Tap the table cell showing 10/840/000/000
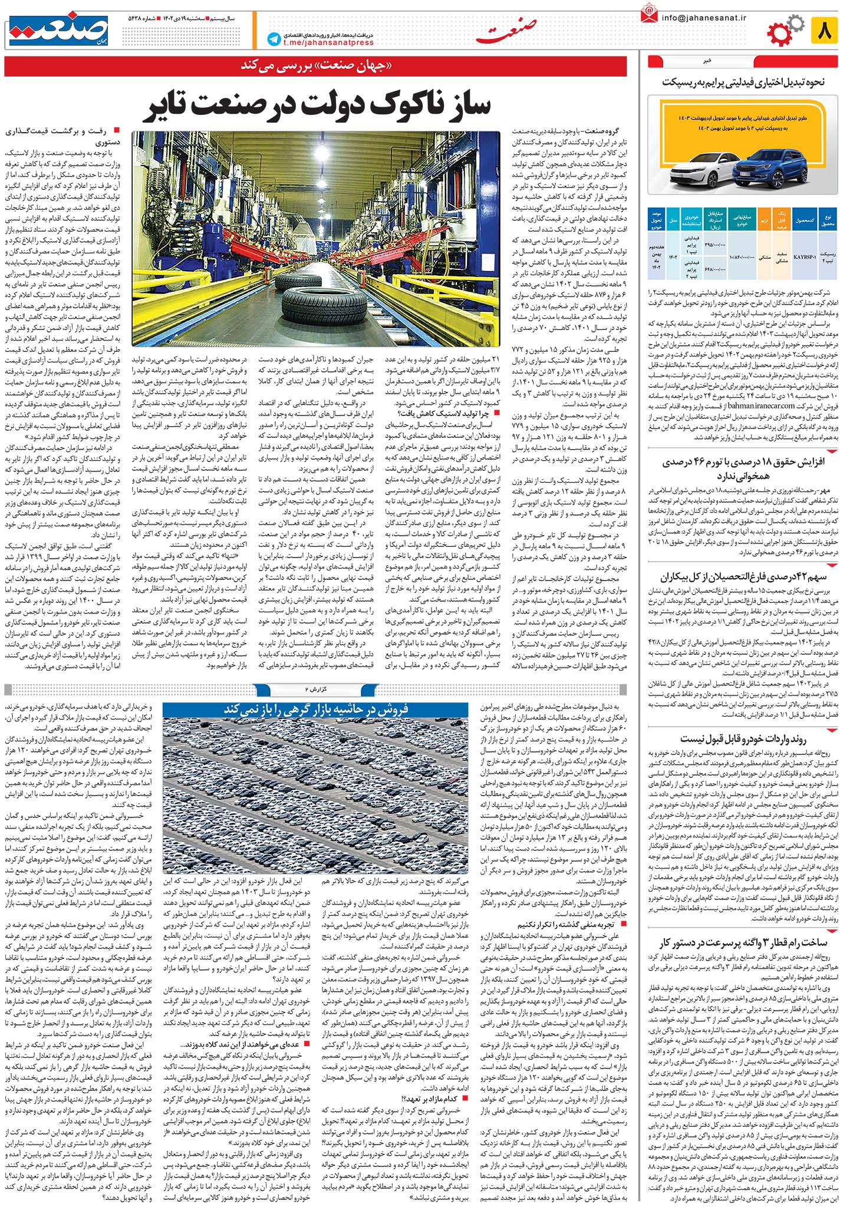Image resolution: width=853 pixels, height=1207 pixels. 743,240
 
